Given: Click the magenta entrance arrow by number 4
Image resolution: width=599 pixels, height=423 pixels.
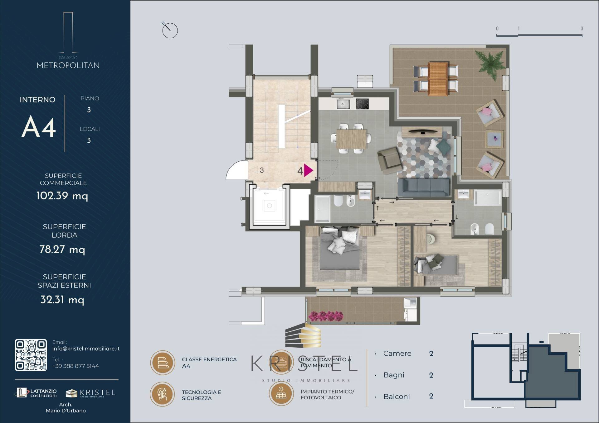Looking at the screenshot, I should (308, 170).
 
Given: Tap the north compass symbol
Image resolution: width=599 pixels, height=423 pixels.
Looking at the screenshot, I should (170, 30).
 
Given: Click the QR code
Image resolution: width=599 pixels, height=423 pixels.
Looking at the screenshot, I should (31, 355).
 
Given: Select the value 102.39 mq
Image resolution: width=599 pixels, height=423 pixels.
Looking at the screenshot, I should (62, 196).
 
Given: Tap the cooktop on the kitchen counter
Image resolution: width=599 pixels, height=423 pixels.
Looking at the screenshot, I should (362, 104).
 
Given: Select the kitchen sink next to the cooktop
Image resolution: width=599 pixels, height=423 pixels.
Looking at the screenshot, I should (343, 104).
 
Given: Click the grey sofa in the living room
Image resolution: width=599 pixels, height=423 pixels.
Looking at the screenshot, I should (424, 187).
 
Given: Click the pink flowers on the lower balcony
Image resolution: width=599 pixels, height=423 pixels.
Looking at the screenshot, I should (326, 316).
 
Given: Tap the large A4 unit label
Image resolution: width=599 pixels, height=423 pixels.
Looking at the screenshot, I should (39, 127).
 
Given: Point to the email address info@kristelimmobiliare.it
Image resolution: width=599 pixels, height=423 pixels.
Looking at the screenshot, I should (86, 349).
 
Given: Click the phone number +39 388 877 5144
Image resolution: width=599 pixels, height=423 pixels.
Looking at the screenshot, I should (75, 366).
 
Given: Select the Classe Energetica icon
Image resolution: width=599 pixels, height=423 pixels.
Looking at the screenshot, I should (163, 363).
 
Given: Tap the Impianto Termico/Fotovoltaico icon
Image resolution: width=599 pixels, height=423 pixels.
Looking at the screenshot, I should (281, 393).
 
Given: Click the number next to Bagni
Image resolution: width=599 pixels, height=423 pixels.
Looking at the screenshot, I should (431, 375).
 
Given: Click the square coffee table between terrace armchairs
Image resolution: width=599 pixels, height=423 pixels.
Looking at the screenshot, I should (494, 139).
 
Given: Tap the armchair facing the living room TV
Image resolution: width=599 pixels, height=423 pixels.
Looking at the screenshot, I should (389, 160).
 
